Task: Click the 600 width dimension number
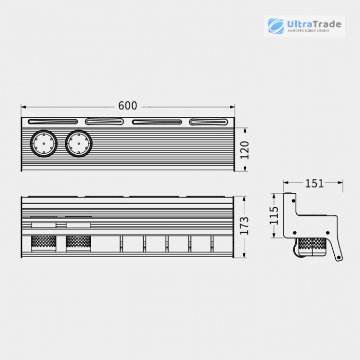pos(128,105)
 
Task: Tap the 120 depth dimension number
pos(244,150)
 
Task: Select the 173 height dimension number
pos(244,226)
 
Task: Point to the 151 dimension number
pos(314,184)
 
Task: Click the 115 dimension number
pos(274,215)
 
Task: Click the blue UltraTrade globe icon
pos(276,26)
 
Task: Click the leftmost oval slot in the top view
pos(53,121)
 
